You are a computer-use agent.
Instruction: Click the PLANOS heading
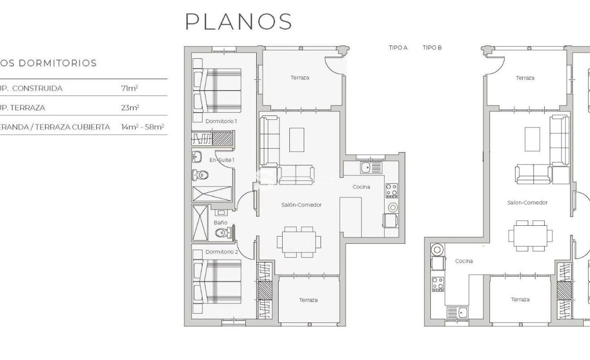click(x=239, y=22)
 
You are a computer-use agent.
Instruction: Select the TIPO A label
click(x=398, y=48)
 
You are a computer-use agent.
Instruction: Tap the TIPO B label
click(x=432, y=48)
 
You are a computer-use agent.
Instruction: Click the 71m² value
click(x=129, y=88)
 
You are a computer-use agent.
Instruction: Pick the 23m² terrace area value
click(x=129, y=108)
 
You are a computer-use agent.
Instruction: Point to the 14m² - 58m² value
click(x=142, y=127)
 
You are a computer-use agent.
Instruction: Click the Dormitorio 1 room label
click(x=221, y=121)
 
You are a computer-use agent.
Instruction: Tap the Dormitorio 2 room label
click(x=221, y=252)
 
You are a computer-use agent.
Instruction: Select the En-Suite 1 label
click(x=222, y=160)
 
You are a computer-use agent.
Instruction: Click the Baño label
click(x=220, y=223)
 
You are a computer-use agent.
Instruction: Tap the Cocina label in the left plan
click(x=361, y=187)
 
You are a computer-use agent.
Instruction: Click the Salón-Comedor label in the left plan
click(x=302, y=205)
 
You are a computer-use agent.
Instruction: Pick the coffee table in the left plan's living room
click(x=297, y=140)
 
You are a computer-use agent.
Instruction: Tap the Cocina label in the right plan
click(x=464, y=261)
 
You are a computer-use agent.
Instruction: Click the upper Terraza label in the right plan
click(x=525, y=78)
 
